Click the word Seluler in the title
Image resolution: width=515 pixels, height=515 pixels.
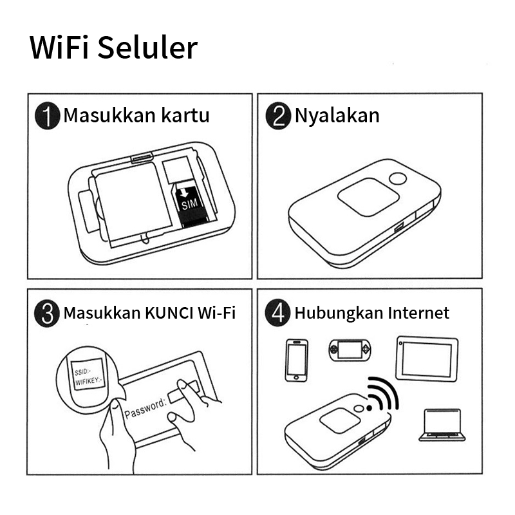147,48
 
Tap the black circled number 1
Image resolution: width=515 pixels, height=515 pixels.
48,116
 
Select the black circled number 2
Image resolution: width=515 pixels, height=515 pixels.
278,116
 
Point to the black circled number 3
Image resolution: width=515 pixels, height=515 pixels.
47,313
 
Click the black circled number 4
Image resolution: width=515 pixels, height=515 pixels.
277,313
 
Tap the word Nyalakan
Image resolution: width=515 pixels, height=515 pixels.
337,116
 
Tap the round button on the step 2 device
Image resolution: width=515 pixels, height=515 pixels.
398,179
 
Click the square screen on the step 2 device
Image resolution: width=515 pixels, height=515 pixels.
368,197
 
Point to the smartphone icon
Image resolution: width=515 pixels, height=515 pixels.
297,360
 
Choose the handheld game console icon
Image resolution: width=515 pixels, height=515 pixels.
350,350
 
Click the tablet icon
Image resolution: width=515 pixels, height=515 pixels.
427,359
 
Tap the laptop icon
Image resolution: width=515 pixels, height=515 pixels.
442,424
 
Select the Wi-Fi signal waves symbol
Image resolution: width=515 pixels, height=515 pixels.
383,394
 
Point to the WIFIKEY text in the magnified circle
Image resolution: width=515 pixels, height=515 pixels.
89,381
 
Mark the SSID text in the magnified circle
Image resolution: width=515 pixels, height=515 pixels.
82,371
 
